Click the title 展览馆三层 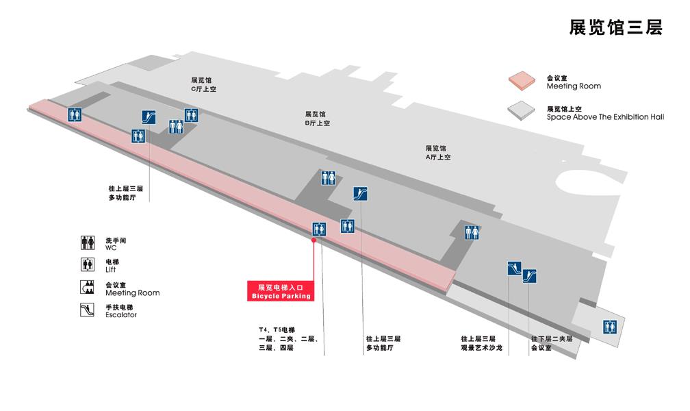pos(615,27)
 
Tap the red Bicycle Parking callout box pos(281,291)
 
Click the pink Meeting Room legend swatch pos(522,81)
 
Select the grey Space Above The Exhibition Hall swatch pos(521,110)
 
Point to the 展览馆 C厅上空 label pos(203,84)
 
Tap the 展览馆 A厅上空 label pos(438,153)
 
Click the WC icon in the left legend pos(88,242)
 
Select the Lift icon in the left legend pos(88,264)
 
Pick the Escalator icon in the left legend pos(87,310)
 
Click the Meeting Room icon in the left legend pos(87,287)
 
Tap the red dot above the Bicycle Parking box pos(314,240)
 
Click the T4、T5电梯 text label pos(277,330)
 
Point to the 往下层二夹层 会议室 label pos(552,343)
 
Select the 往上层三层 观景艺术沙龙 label pos(481,343)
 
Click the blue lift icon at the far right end pos(609,327)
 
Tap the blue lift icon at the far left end pos(75,114)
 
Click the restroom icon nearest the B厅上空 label pos(329,177)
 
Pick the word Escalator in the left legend pos(121,315)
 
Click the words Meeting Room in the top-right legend pos(574,86)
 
